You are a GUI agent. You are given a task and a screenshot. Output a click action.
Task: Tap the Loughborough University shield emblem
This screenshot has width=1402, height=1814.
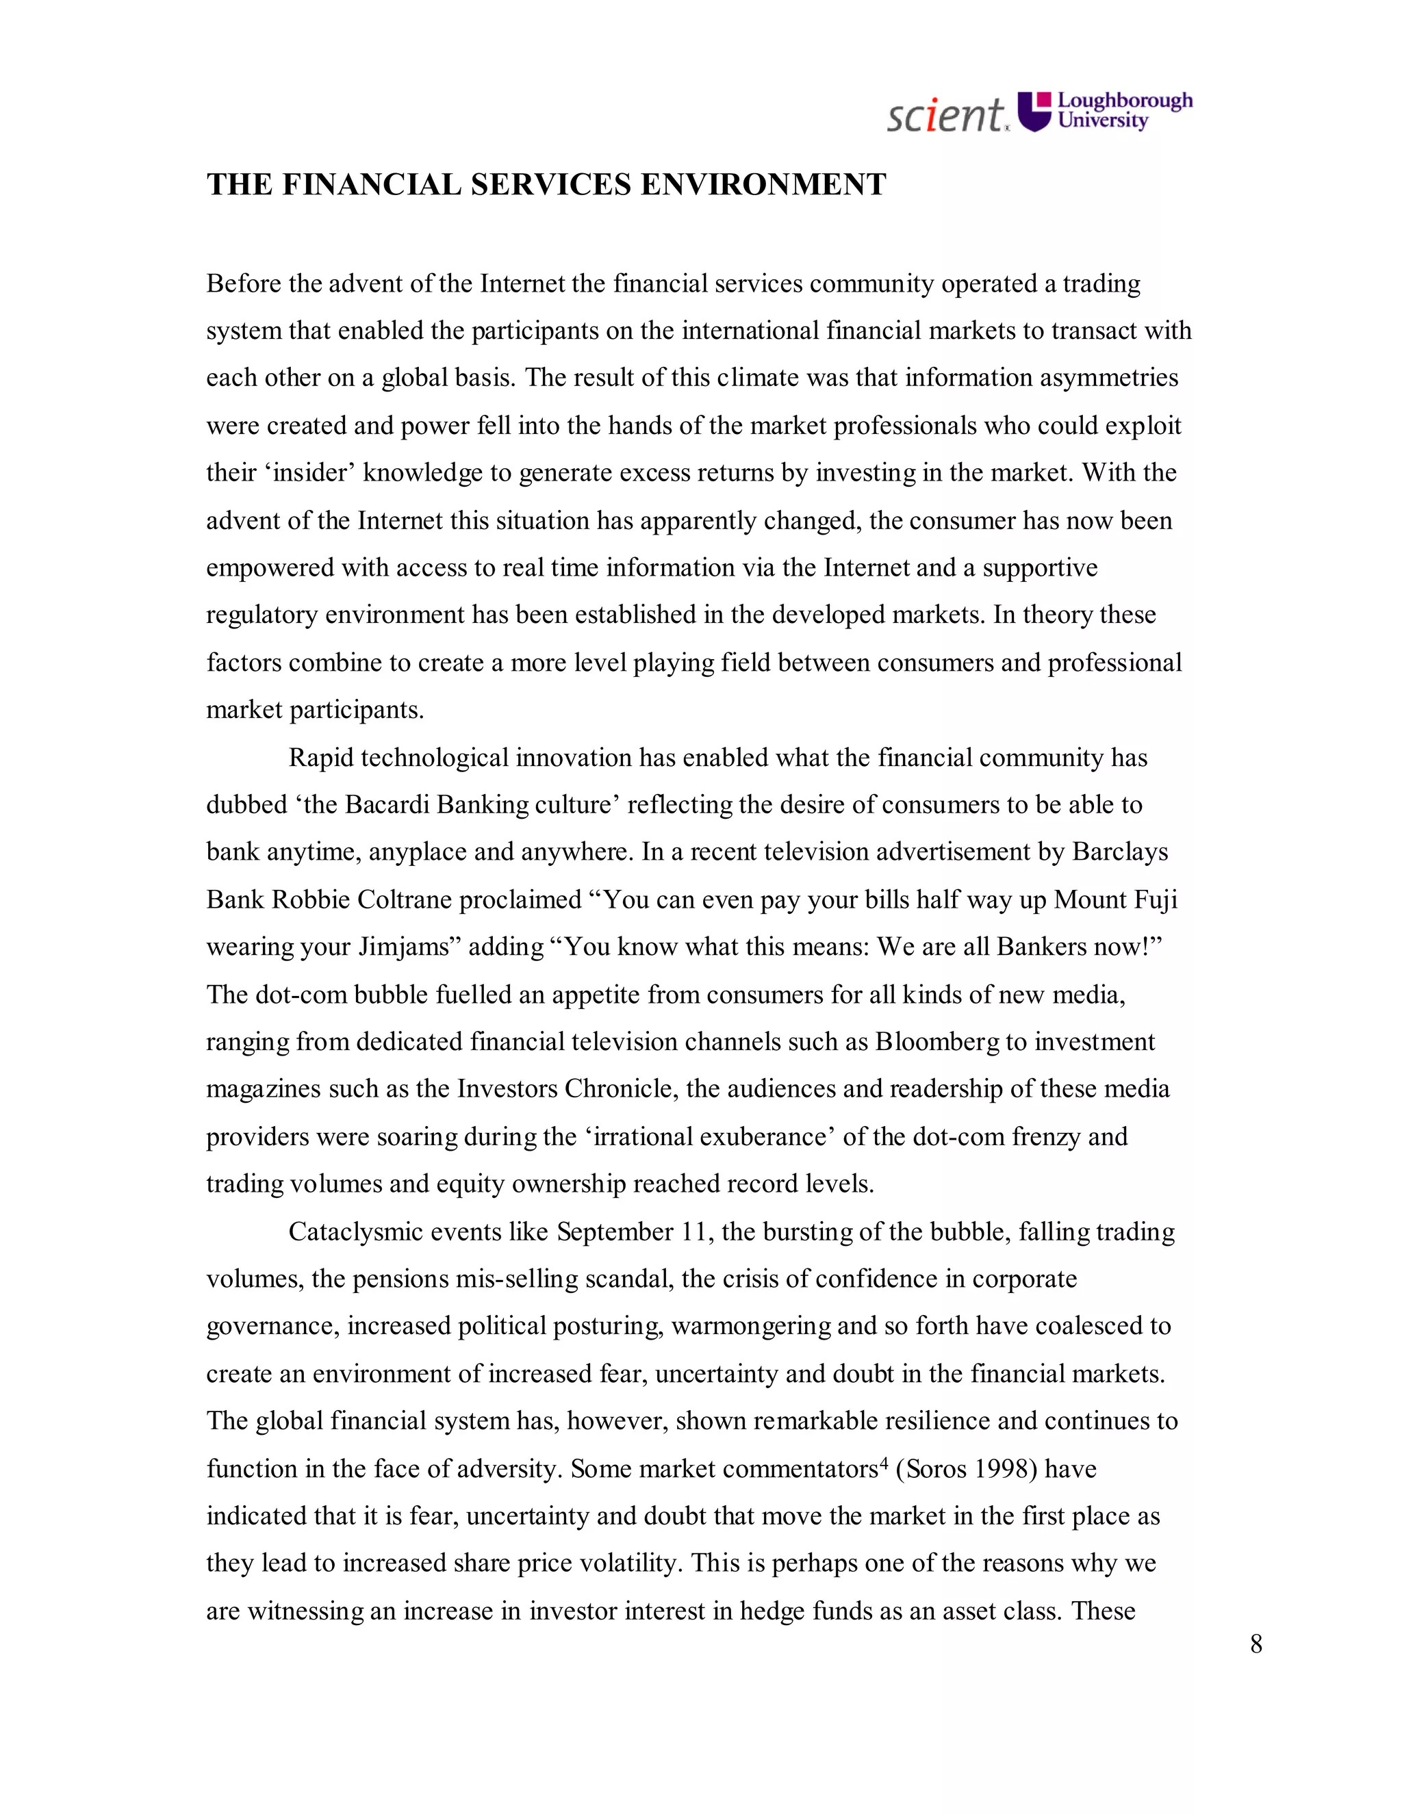(1034, 112)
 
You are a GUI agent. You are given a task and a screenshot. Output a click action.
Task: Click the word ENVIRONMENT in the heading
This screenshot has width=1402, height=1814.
(763, 184)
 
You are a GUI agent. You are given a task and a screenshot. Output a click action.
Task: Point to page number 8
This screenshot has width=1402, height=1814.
(1256, 1644)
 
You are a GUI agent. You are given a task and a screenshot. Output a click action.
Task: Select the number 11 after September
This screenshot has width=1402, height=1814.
(697, 1231)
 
